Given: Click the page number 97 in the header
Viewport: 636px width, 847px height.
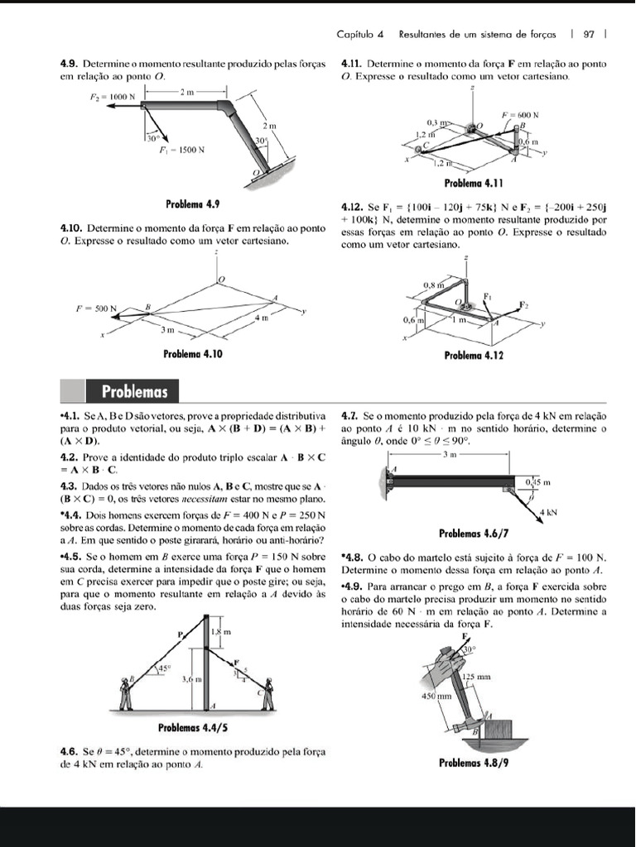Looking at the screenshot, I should click(x=589, y=35).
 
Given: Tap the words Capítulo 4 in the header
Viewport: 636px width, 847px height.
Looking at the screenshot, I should click(x=360, y=35).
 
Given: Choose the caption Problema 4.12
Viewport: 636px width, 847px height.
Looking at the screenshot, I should click(x=475, y=356).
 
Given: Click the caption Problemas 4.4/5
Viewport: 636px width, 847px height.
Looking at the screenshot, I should click(x=193, y=729).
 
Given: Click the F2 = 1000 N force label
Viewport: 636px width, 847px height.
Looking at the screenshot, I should click(x=112, y=97).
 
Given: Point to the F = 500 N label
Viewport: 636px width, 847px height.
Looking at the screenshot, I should click(x=94, y=308).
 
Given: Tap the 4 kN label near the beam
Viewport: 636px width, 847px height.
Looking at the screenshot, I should click(x=547, y=513).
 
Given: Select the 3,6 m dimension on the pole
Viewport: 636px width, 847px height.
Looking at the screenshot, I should click(x=190, y=678).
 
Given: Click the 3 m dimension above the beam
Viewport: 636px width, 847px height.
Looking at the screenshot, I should click(x=448, y=454).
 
